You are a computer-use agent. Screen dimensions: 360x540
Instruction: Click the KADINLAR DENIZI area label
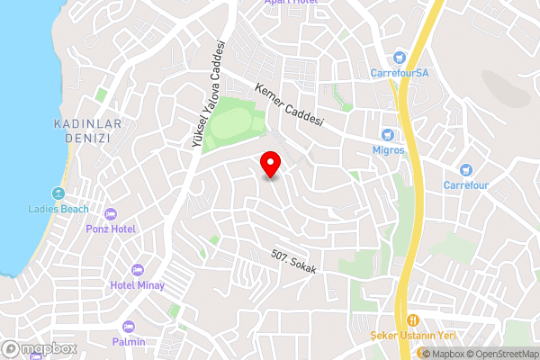tap(82, 131)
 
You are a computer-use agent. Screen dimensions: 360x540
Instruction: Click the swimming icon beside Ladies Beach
tap(58, 193)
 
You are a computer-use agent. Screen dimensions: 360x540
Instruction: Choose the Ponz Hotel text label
tap(111, 229)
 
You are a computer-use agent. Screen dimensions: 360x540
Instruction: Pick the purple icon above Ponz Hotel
tap(111, 214)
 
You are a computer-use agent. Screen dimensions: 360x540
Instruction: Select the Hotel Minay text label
tap(137, 285)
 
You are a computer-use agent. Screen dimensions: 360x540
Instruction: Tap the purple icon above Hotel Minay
tap(137, 270)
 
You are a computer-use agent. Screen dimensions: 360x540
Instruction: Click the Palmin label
tap(129, 342)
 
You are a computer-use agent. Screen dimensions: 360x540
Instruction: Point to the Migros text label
tap(389, 149)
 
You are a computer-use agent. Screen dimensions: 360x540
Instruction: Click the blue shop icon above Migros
tap(389, 134)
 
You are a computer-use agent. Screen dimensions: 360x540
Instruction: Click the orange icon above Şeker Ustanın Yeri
tap(413, 320)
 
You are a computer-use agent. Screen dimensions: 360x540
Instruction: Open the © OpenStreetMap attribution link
tap(499, 353)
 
